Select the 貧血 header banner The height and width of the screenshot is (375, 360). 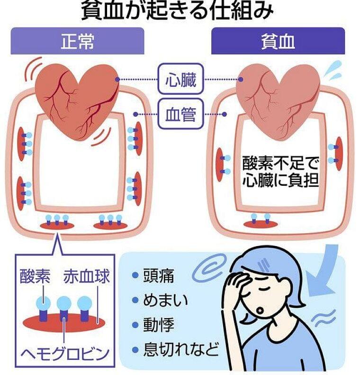pyautogui.click(x=278, y=41)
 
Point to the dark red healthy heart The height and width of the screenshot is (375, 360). pyautogui.click(x=77, y=100)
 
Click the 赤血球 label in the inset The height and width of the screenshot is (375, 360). pyautogui.click(x=86, y=276)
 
